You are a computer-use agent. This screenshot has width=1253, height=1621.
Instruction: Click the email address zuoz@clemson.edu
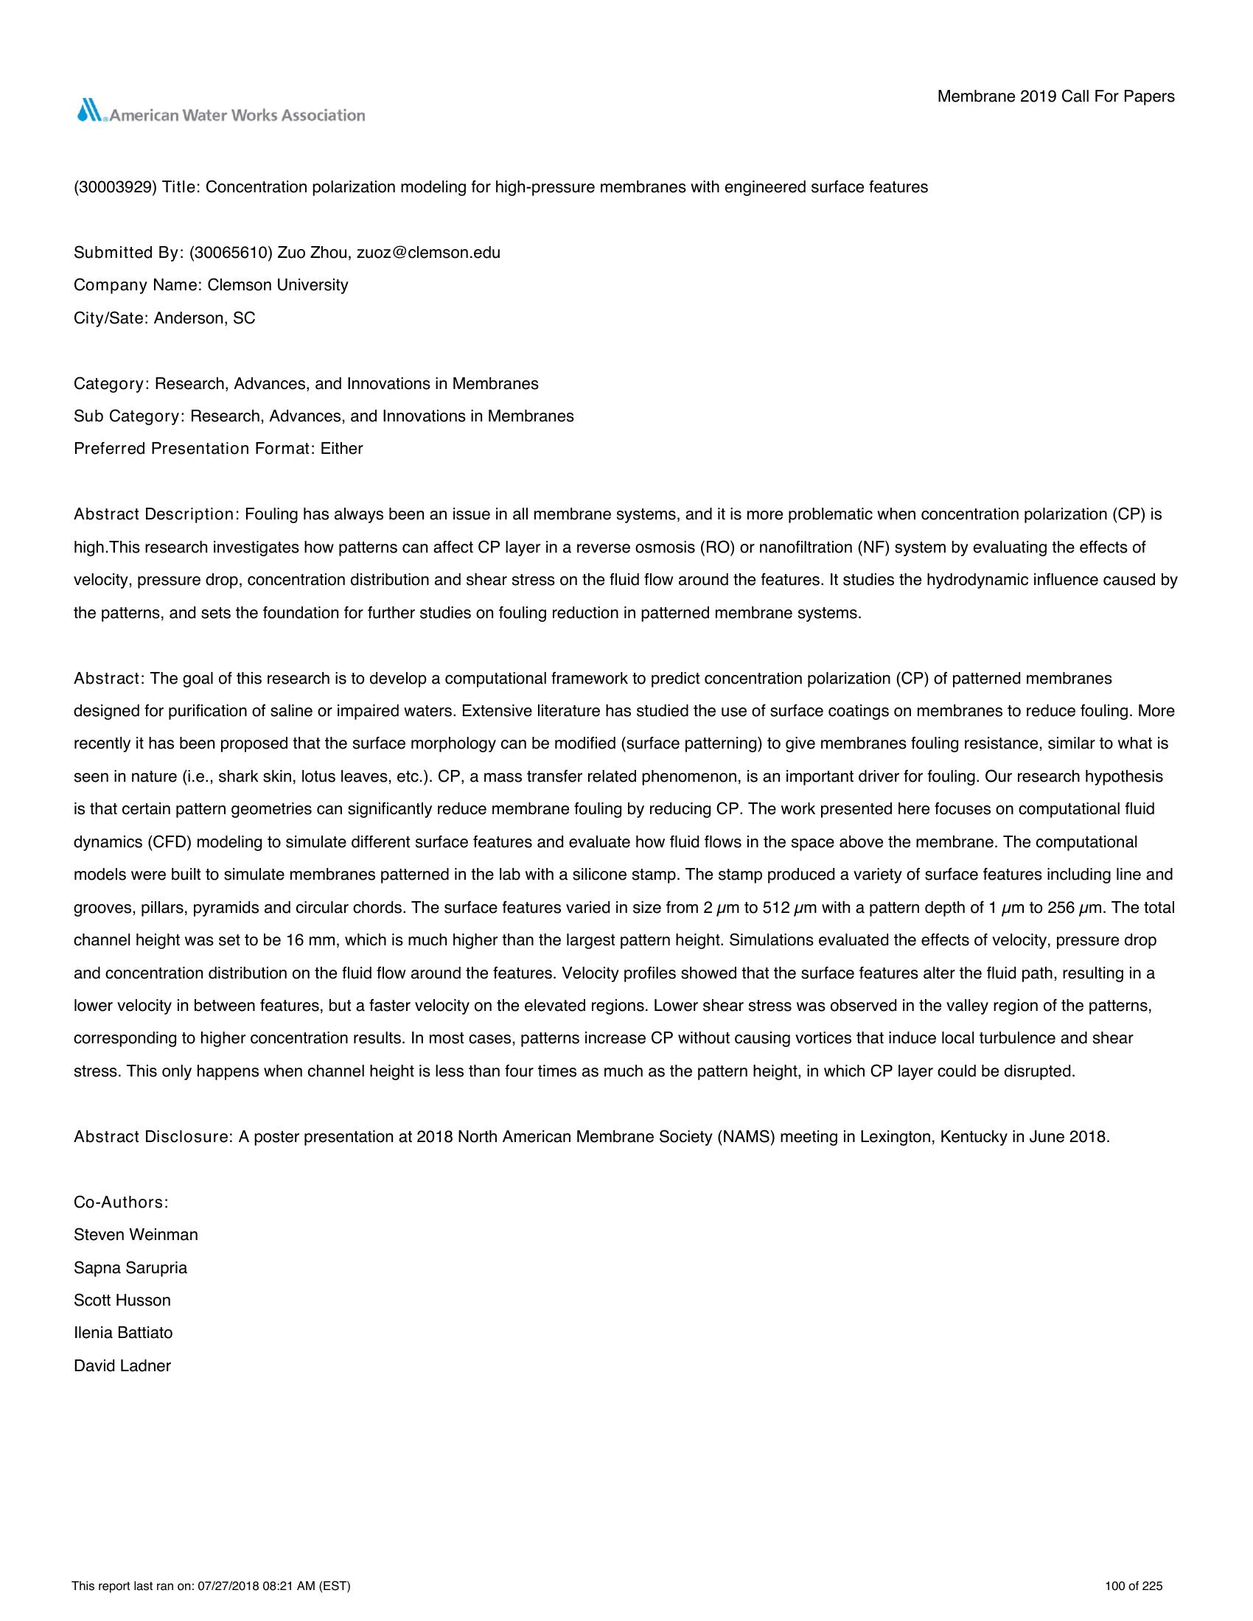[x=428, y=252]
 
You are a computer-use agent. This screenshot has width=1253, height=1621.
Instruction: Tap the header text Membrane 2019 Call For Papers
[x=1055, y=97]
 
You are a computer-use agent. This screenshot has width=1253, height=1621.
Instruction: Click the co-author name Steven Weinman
[x=136, y=1234]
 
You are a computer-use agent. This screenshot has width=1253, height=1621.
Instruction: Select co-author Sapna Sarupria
[x=130, y=1267]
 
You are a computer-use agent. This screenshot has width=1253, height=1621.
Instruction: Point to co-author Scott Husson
[x=122, y=1300]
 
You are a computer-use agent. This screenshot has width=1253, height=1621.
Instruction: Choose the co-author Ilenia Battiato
[x=123, y=1332]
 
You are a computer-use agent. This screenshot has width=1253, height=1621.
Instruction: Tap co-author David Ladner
[x=122, y=1365]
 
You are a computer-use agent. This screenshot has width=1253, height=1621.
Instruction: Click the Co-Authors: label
[x=121, y=1202]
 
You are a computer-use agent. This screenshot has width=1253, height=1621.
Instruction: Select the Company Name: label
[x=138, y=285]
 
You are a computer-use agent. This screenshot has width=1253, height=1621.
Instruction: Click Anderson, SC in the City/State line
[x=204, y=318]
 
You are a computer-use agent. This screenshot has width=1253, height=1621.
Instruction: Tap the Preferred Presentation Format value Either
[x=341, y=448]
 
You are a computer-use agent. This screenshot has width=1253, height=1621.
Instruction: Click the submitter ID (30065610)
[x=231, y=252]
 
